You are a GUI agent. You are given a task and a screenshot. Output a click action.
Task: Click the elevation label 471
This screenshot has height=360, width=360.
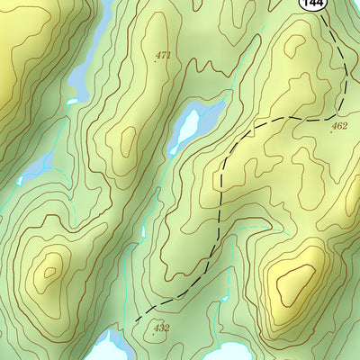coord(163,56)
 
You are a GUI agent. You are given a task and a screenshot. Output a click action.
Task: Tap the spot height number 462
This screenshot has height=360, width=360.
coord(339,126)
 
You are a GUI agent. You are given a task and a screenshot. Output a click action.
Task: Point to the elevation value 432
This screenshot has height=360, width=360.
coord(161,328)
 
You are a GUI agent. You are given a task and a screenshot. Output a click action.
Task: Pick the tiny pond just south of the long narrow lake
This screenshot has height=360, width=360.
coord(74,101)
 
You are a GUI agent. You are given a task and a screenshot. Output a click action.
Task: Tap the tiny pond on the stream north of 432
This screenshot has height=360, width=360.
coord(142,232)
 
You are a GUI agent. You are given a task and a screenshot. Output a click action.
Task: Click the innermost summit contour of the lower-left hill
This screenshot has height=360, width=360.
coord(49,266)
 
